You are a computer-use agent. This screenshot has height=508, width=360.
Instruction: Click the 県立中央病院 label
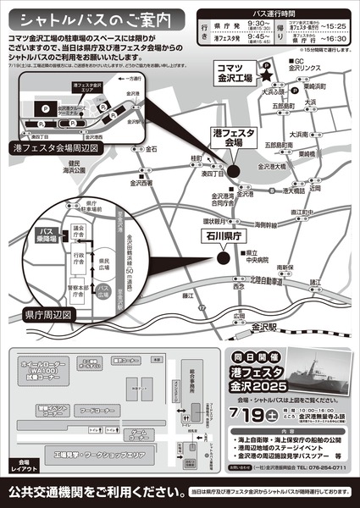(253, 257)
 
